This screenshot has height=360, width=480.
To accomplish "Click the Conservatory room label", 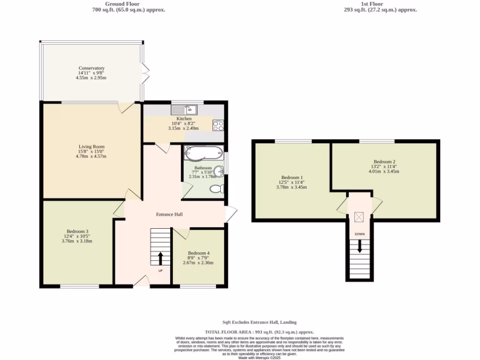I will tap(91, 68).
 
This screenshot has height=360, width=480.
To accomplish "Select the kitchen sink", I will tap(185, 110).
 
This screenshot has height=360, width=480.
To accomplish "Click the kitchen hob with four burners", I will tap(218, 125).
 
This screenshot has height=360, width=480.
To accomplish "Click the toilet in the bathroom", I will tap(217, 189).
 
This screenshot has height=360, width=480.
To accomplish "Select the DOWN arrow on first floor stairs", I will tap(360, 247).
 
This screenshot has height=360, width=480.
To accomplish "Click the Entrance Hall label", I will tap(169, 214).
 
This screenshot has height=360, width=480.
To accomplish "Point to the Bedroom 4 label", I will tap(198, 253).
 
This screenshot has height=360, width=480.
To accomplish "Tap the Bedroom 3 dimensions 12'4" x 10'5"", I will tap(77, 236).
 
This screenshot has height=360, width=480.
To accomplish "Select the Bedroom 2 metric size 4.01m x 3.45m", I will tap(383, 172).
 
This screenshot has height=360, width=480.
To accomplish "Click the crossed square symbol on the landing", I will tap(360, 217).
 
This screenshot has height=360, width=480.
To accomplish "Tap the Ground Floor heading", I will tap(128, 4).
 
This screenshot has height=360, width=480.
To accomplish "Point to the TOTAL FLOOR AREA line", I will tap(259, 331).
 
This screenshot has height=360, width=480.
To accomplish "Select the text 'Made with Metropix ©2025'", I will tap(259, 358).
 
